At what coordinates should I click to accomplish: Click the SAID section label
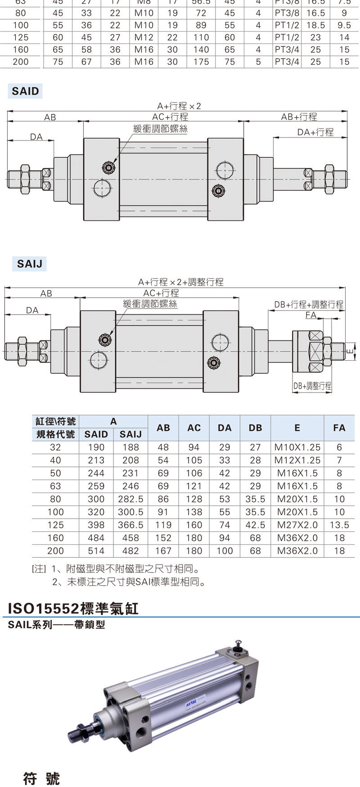[x=26, y=91]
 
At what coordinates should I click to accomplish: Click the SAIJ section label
[x=29, y=264]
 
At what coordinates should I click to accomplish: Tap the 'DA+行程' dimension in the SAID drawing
[x=315, y=132]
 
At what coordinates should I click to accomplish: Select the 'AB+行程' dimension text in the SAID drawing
[x=299, y=117]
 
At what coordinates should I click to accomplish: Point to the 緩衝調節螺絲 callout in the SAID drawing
[x=161, y=129]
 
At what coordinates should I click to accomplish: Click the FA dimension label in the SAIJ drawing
[x=311, y=315]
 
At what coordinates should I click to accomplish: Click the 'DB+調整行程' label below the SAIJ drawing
[x=312, y=386]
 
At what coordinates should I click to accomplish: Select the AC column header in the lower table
[x=194, y=428]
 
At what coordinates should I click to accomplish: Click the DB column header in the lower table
[x=255, y=428]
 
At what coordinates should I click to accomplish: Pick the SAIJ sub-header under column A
[x=130, y=434]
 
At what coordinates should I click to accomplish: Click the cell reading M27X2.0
[x=297, y=525]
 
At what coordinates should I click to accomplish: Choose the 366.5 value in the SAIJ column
[x=130, y=525]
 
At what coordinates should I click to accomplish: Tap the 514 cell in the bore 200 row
[x=96, y=551]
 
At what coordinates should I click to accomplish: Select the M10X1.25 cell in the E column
[x=297, y=448]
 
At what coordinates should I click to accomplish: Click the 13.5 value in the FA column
[x=339, y=525]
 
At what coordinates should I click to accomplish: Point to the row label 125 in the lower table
[x=55, y=525]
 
